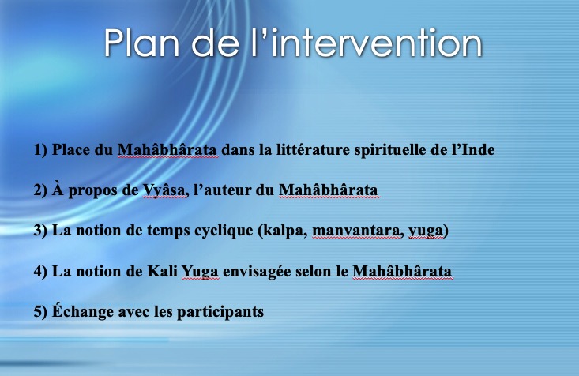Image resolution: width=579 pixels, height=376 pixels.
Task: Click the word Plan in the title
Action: (x=141, y=43)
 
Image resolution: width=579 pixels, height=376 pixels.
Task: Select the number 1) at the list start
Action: (x=40, y=150)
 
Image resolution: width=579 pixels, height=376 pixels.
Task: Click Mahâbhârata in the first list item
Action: (x=167, y=149)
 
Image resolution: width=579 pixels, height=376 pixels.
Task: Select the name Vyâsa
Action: (x=165, y=190)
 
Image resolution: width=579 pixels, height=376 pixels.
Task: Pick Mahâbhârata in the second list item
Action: (x=329, y=190)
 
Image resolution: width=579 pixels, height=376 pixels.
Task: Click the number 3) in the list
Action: (x=40, y=231)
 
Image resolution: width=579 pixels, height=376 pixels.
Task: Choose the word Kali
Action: (x=162, y=271)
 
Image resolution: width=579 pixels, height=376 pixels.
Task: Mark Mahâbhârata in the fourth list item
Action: (x=402, y=271)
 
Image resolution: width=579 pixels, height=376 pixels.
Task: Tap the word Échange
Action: (x=83, y=310)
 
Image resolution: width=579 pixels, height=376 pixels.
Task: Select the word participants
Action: (x=220, y=312)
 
